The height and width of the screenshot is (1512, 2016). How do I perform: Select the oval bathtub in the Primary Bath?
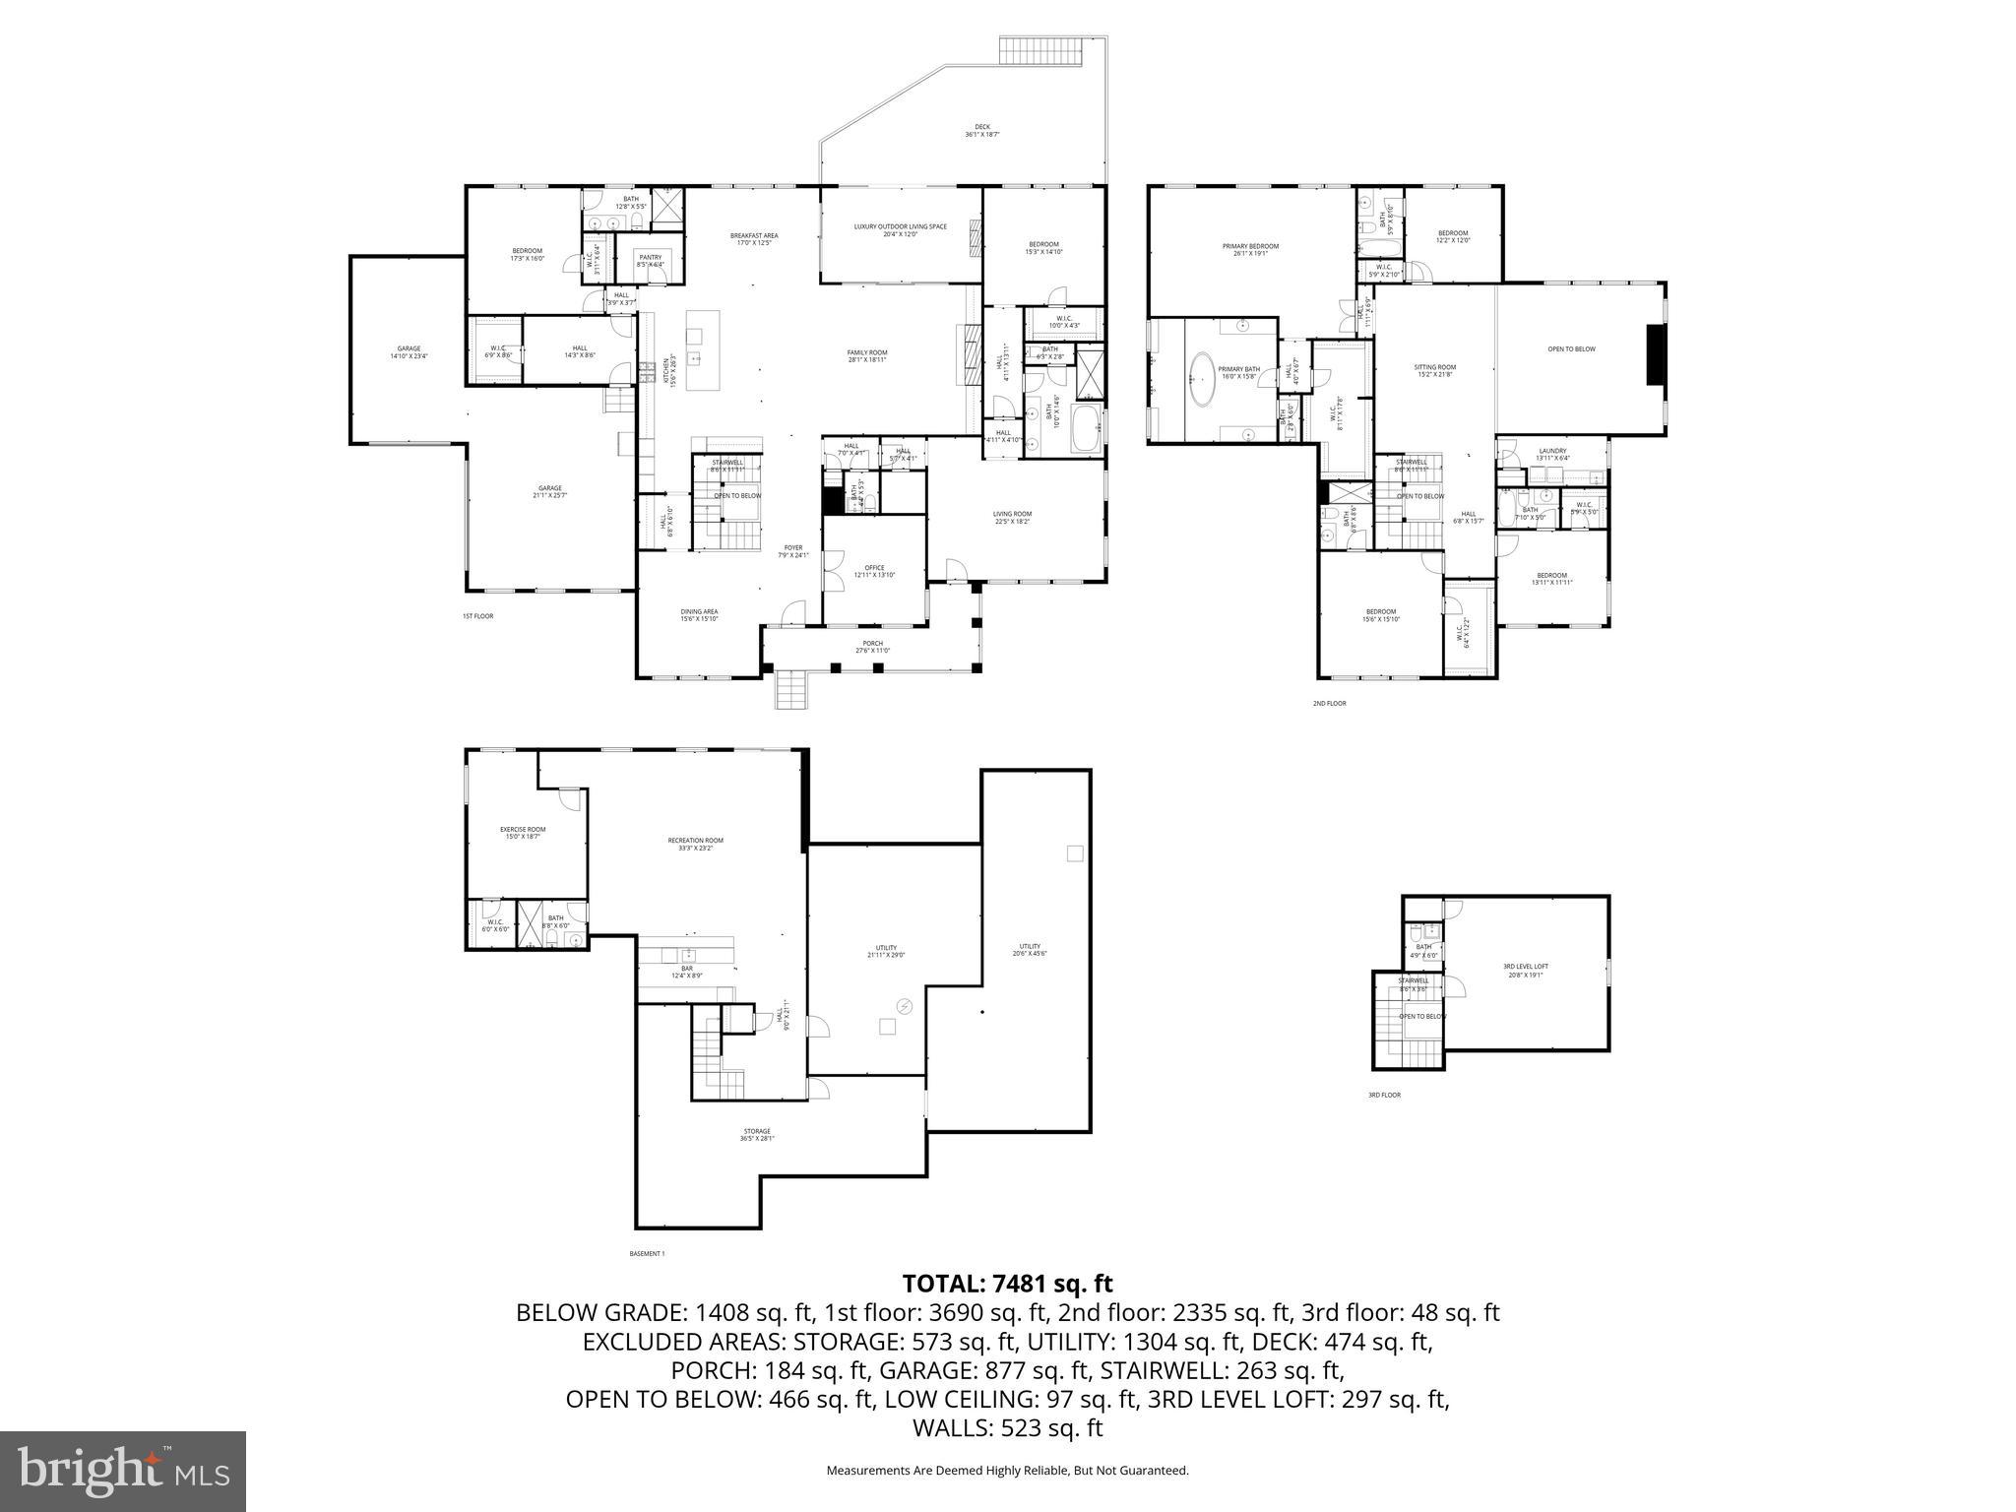[x=1202, y=380]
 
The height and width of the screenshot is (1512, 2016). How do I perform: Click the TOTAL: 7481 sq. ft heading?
[x=1007, y=1284]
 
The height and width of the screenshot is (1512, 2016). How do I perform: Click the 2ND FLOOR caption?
[x=1329, y=703]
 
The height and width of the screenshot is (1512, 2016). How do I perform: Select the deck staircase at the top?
[x=1041, y=50]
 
